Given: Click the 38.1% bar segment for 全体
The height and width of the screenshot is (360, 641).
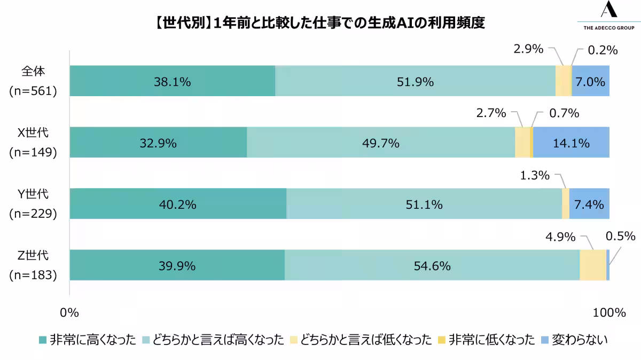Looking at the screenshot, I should click(172, 81).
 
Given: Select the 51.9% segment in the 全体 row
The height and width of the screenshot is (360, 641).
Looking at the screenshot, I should click(415, 81).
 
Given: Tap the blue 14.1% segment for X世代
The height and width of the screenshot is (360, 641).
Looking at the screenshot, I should click(571, 143).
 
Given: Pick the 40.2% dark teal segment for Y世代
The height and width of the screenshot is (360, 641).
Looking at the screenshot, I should click(178, 204).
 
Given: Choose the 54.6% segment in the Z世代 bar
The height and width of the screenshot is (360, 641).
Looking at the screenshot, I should click(432, 265).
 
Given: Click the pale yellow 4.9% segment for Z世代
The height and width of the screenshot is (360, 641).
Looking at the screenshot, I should click(593, 265).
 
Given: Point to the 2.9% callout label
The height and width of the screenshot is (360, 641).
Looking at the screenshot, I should click(528, 50).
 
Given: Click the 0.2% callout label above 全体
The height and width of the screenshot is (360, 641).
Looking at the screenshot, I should click(603, 51).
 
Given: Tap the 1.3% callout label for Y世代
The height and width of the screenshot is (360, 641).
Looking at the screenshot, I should click(535, 175).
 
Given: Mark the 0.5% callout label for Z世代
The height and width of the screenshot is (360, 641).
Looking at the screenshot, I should click(620, 236).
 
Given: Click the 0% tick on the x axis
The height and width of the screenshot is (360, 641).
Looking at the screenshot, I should click(69, 312).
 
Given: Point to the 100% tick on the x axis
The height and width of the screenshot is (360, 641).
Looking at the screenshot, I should click(609, 312).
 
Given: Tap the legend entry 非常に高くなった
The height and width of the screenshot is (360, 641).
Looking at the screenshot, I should click(88, 340).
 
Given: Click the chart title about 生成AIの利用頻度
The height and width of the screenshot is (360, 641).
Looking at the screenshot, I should click(320, 24).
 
